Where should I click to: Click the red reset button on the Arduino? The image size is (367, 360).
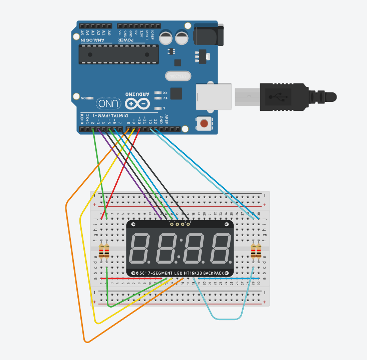[x=204, y=123]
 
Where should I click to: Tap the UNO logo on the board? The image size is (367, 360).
[x=109, y=103]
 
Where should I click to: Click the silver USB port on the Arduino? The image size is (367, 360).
[x=214, y=96]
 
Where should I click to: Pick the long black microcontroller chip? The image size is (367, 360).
[x=119, y=54]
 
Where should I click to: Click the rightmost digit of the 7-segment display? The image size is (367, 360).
[x=220, y=248]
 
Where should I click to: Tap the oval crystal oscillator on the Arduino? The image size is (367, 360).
[x=178, y=76]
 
